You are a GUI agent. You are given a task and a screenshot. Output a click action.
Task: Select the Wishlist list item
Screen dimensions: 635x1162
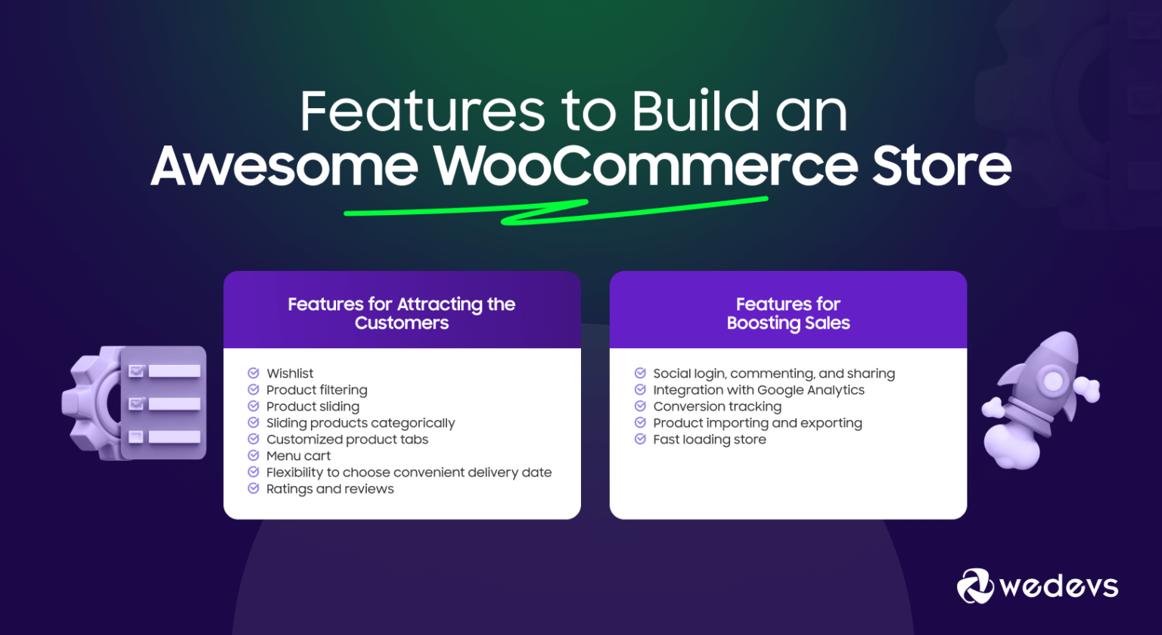click(x=290, y=373)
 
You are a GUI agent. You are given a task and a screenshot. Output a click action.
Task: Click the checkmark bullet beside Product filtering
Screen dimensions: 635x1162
click(x=253, y=390)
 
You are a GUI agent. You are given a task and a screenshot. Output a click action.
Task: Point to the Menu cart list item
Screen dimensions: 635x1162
click(x=298, y=456)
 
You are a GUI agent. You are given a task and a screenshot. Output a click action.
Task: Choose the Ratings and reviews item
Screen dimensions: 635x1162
click(x=330, y=489)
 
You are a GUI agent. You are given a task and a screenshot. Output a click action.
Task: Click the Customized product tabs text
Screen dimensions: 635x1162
click(x=347, y=439)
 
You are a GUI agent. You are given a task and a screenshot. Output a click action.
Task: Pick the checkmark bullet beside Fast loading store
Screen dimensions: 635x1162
click(x=640, y=439)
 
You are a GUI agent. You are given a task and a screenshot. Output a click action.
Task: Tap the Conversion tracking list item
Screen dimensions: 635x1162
click(x=717, y=406)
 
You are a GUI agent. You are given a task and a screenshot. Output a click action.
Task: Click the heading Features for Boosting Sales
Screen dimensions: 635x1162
click(x=788, y=313)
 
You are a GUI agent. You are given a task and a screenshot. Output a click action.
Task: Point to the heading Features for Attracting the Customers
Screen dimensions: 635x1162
click(x=402, y=313)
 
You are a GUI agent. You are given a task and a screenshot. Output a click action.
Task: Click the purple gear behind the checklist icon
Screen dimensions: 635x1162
click(x=91, y=401)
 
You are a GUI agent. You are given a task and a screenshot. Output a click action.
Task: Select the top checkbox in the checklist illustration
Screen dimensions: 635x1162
click(x=137, y=371)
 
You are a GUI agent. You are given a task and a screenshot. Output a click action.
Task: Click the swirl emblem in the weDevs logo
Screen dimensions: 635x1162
click(x=975, y=586)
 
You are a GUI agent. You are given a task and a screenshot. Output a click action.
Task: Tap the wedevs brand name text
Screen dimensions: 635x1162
click(x=1058, y=587)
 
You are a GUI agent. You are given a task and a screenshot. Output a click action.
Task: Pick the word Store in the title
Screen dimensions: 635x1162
click(x=941, y=167)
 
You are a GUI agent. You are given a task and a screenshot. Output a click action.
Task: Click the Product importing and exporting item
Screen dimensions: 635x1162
click(x=757, y=423)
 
